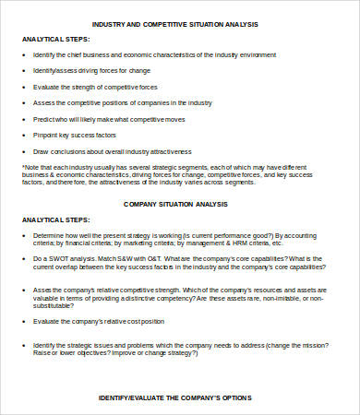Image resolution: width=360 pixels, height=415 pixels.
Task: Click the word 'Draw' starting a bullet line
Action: point(41,150)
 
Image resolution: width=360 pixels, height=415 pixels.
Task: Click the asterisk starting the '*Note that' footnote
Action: point(23,166)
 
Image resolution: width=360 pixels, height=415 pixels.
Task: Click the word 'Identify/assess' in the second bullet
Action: point(54,70)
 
